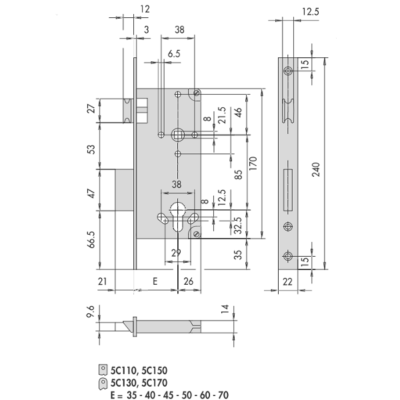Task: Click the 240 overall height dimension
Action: pos(316,169)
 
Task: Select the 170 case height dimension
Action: pos(253,164)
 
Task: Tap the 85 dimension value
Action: pos(238,175)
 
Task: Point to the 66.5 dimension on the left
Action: pos(91,239)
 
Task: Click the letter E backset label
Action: pos(155,281)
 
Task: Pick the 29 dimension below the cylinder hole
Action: pos(176,253)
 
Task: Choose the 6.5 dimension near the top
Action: pos(174,54)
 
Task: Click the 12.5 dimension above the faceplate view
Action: pos(311,12)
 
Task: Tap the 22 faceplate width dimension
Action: pos(287,282)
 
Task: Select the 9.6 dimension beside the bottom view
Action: pos(91,311)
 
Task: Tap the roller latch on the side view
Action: pos(288,111)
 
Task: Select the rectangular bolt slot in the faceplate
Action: pos(288,190)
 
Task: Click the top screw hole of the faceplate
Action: pos(288,71)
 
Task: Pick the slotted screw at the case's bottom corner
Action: pos(197,234)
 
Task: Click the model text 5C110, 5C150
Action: pos(139,371)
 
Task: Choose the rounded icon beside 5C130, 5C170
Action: pos(103,383)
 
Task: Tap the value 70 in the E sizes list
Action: pos(223,395)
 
